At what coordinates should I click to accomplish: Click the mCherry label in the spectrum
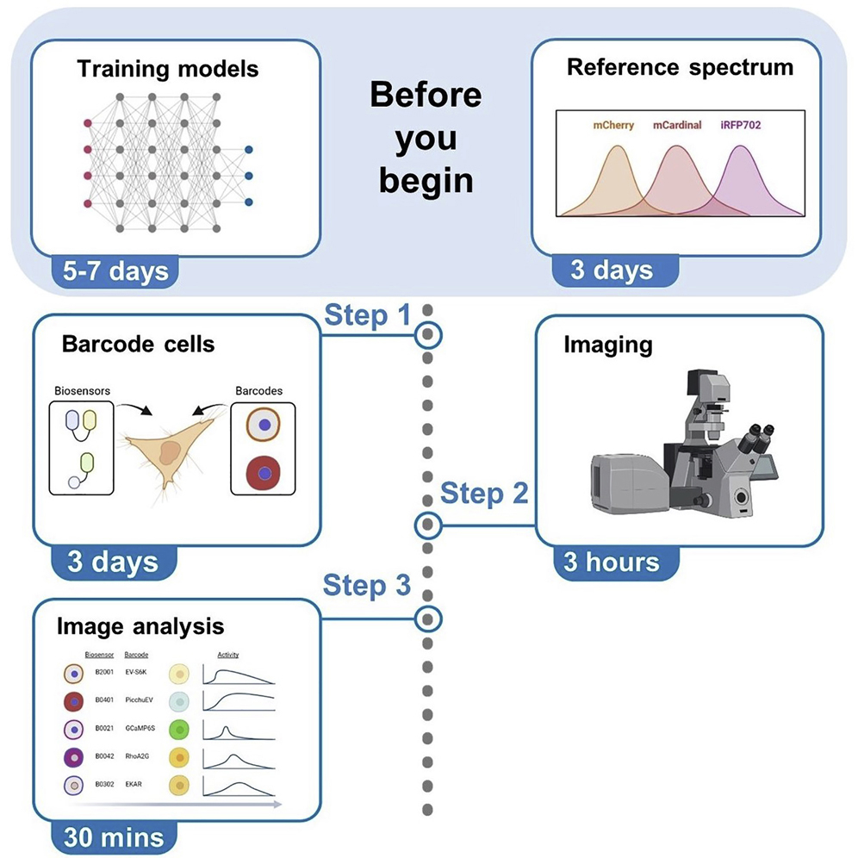612,125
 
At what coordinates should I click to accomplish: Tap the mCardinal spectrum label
676,125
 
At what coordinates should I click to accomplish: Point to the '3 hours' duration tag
611,563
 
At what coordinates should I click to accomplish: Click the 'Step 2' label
484,494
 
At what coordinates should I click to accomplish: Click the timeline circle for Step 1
427,334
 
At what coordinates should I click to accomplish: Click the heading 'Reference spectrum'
680,68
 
